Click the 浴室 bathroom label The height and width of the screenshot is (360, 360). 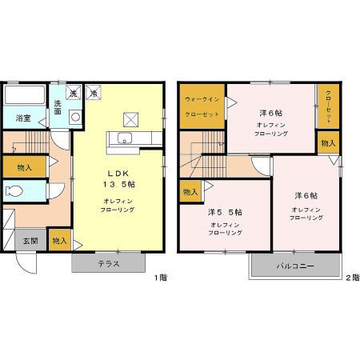pos(23,118)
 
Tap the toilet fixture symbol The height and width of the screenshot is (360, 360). pos(14,191)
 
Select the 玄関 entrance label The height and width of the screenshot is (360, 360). pos(30,241)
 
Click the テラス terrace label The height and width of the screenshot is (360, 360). pos(109,264)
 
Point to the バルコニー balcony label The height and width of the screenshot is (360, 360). pos(295,266)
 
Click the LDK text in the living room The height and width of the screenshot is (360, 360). pos(118,174)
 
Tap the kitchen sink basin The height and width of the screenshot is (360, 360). pos(125,138)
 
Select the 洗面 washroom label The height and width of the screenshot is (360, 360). pos(58,107)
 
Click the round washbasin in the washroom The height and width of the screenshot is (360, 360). pos(76,117)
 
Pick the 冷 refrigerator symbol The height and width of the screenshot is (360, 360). pos(94,93)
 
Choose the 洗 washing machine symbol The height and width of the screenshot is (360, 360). pos(74,93)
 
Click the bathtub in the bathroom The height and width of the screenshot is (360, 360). pos(25,95)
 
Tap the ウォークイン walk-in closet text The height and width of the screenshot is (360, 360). pos(202,99)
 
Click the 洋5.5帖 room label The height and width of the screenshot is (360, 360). pos(225,212)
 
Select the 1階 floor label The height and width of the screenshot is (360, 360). pos(161,278)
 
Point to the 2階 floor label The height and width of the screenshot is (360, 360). pos(353,278)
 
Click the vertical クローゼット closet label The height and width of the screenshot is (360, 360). pos(329,106)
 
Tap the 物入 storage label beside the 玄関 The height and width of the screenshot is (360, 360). pos(59,241)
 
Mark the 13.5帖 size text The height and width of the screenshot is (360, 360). pos(119,184)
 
